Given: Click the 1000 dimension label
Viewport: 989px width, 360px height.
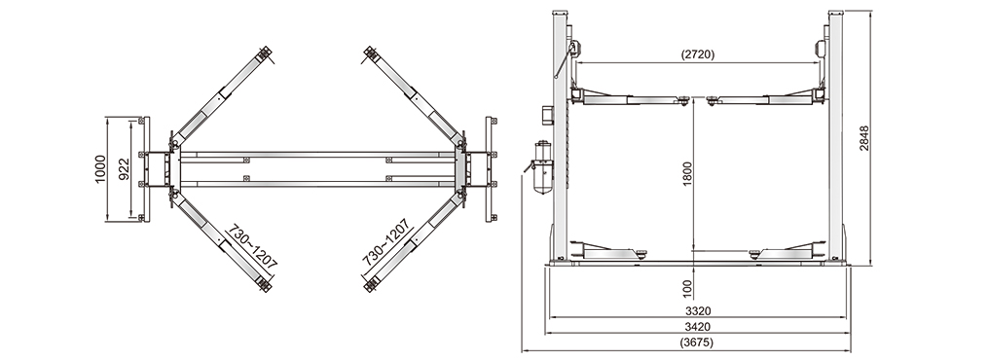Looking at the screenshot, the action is tap(101, 169).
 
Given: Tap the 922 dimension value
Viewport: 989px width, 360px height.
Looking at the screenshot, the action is tap(125, 169).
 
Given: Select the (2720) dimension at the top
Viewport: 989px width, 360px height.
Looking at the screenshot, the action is tap(698, 54).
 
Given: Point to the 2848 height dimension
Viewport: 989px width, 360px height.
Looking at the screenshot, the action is tap(863, 138).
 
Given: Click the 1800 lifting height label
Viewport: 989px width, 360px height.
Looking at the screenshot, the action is tap(687, 173).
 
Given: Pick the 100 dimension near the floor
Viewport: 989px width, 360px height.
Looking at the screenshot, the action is tap(687, 289).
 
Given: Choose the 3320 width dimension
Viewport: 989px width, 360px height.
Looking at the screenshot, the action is tap(698, 310).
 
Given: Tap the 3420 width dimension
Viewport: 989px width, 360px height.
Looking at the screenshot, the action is tap(698, 327).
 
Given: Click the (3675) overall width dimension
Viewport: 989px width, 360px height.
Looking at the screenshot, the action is tap(698, 343).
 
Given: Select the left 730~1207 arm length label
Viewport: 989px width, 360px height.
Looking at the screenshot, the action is tap(252, 246).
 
